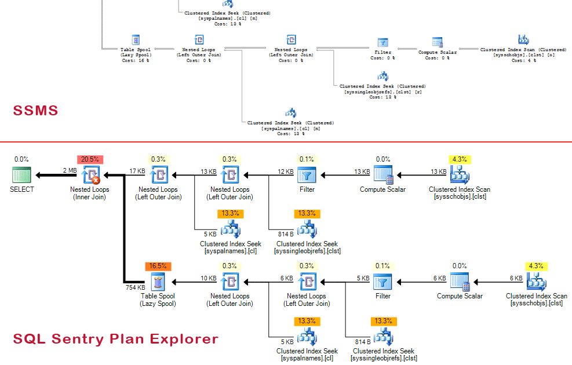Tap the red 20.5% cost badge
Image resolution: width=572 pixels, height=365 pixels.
pos(89,159)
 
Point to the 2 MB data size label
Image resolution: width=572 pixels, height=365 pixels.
pos(70,171)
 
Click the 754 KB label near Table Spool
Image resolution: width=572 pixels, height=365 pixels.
pos(135,287)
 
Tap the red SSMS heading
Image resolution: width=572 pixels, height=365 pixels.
pos(36,111)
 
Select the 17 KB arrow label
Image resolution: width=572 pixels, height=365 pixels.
pos(137,171)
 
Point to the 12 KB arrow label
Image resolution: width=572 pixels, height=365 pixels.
pos(286,171)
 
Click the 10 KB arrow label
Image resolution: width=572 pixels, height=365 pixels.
pos(209,279)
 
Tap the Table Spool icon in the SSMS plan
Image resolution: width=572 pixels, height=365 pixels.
pos(135,40)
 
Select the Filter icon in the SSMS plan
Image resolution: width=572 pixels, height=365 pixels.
pos(382,42)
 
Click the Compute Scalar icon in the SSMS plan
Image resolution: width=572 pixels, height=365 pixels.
pos(438,42)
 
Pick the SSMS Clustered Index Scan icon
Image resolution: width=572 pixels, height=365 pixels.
pos(523,39)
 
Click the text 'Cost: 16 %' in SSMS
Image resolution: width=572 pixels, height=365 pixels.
pos(135,60)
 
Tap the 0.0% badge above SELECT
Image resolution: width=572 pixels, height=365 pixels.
pos(21,159)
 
